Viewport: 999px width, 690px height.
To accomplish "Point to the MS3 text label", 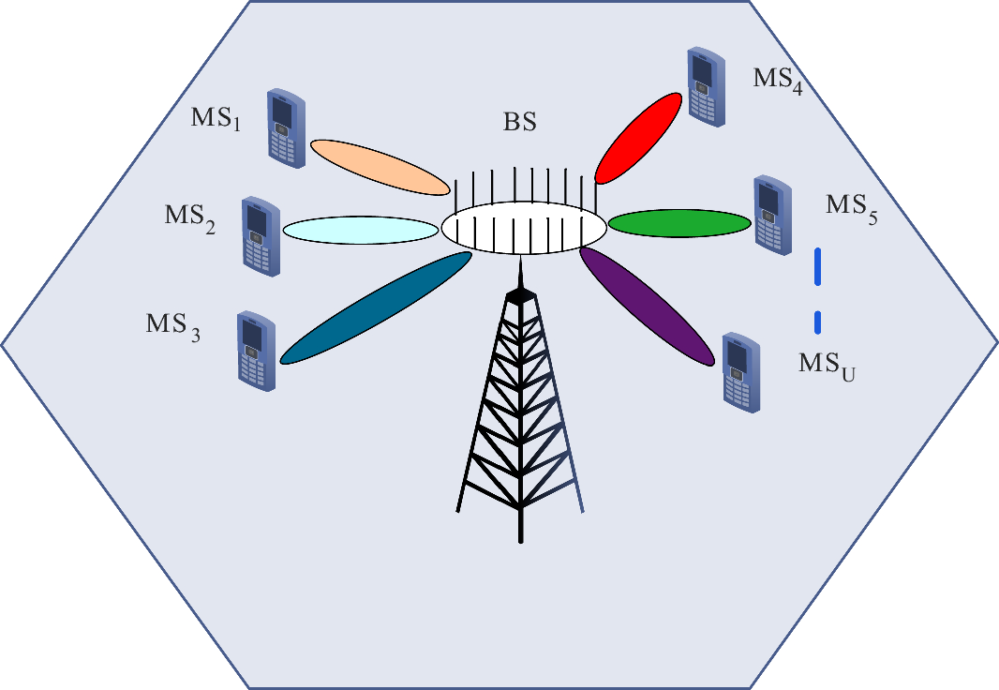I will click(173, 327).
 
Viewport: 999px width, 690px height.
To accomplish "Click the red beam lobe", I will click(638, 139).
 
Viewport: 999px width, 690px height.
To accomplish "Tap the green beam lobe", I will click(679, 223).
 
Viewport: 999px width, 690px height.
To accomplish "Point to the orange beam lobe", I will click(380, 167).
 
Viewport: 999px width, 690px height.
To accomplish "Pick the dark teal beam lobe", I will click(376, 307).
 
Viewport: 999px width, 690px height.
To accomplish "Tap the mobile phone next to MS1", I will click(286, 127).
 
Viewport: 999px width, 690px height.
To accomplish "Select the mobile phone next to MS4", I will click(706, 87).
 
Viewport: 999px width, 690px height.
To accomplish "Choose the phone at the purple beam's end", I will click(741, 371).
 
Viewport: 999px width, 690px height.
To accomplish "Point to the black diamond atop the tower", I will click(518, 295).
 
